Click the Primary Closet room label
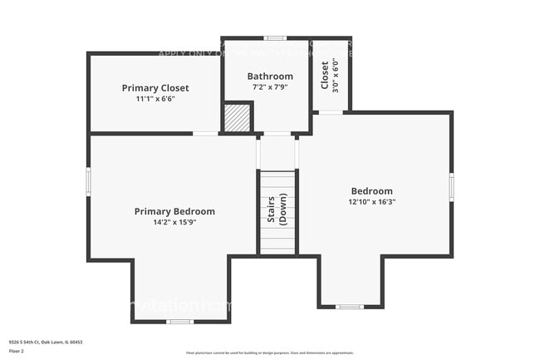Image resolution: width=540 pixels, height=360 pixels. [x=155, y=87]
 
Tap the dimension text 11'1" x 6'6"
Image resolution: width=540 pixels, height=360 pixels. [x=155, y=98]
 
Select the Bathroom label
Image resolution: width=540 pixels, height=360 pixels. [x=270, y=76]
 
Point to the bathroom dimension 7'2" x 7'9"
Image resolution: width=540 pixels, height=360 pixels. [x=270, y=86]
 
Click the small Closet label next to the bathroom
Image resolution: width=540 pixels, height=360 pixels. [x=324, y=75]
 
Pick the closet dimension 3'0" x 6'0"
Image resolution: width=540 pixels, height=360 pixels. [x=335, y=75]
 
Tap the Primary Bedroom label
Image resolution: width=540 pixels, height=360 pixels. [x=174, y=211]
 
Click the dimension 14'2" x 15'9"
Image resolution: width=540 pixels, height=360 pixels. [x=174, y=222]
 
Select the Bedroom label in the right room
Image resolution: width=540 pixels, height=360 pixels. [x=371, y=190]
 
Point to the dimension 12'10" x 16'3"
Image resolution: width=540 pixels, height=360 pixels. [x=371, y=201]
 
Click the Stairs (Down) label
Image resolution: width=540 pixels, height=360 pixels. [x=277, y=211]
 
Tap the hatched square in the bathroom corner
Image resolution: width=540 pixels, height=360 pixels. [x=238, y=117]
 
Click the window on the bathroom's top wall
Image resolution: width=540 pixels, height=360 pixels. [x=276, y=38]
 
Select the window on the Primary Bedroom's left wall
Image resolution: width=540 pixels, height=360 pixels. [x=88, y=181]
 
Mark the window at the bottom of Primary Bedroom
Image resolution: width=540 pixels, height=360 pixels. [x=180, y=321]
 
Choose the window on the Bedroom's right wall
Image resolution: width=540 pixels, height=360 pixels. [x=451, y=186]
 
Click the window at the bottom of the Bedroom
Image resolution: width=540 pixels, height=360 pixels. [x=349, y=307]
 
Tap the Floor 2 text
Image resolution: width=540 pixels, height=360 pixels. [x=17, y=350]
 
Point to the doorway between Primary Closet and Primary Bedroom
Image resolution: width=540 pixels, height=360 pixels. [x=205, y=133]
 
